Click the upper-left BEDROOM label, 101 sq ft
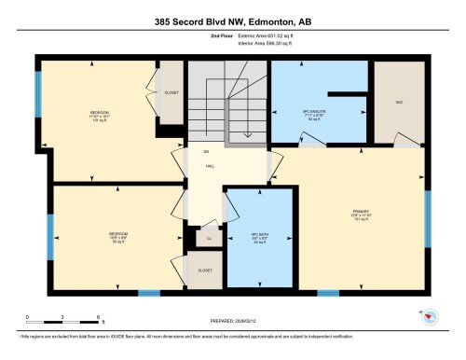pyautogui.click(x=100, y=116)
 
